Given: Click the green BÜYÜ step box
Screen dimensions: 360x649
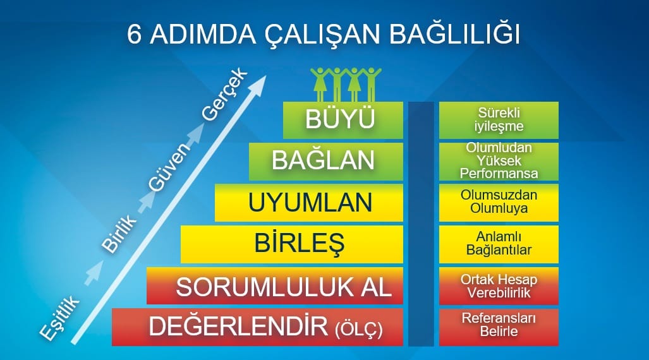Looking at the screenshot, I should point(343,120).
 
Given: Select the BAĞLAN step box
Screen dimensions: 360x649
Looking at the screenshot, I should point(325,161).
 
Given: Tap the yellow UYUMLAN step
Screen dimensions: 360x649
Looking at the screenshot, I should point(309,203).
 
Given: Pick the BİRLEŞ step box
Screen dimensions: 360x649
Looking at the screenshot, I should point(292,244).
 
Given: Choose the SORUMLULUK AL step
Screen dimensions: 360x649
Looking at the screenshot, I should point(275,285).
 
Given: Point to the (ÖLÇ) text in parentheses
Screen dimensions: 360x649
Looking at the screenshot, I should point(359,328).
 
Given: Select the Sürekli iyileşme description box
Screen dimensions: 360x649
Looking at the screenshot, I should point(499,120).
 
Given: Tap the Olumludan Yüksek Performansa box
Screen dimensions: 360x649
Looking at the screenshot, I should point(499,161).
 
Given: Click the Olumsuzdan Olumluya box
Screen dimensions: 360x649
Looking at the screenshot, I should point(499,203).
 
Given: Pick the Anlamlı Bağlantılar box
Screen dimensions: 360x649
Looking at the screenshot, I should point(499,244).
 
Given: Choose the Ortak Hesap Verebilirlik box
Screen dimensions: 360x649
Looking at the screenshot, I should point(499,285).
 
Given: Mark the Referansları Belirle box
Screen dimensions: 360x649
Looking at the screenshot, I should point(499,327).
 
